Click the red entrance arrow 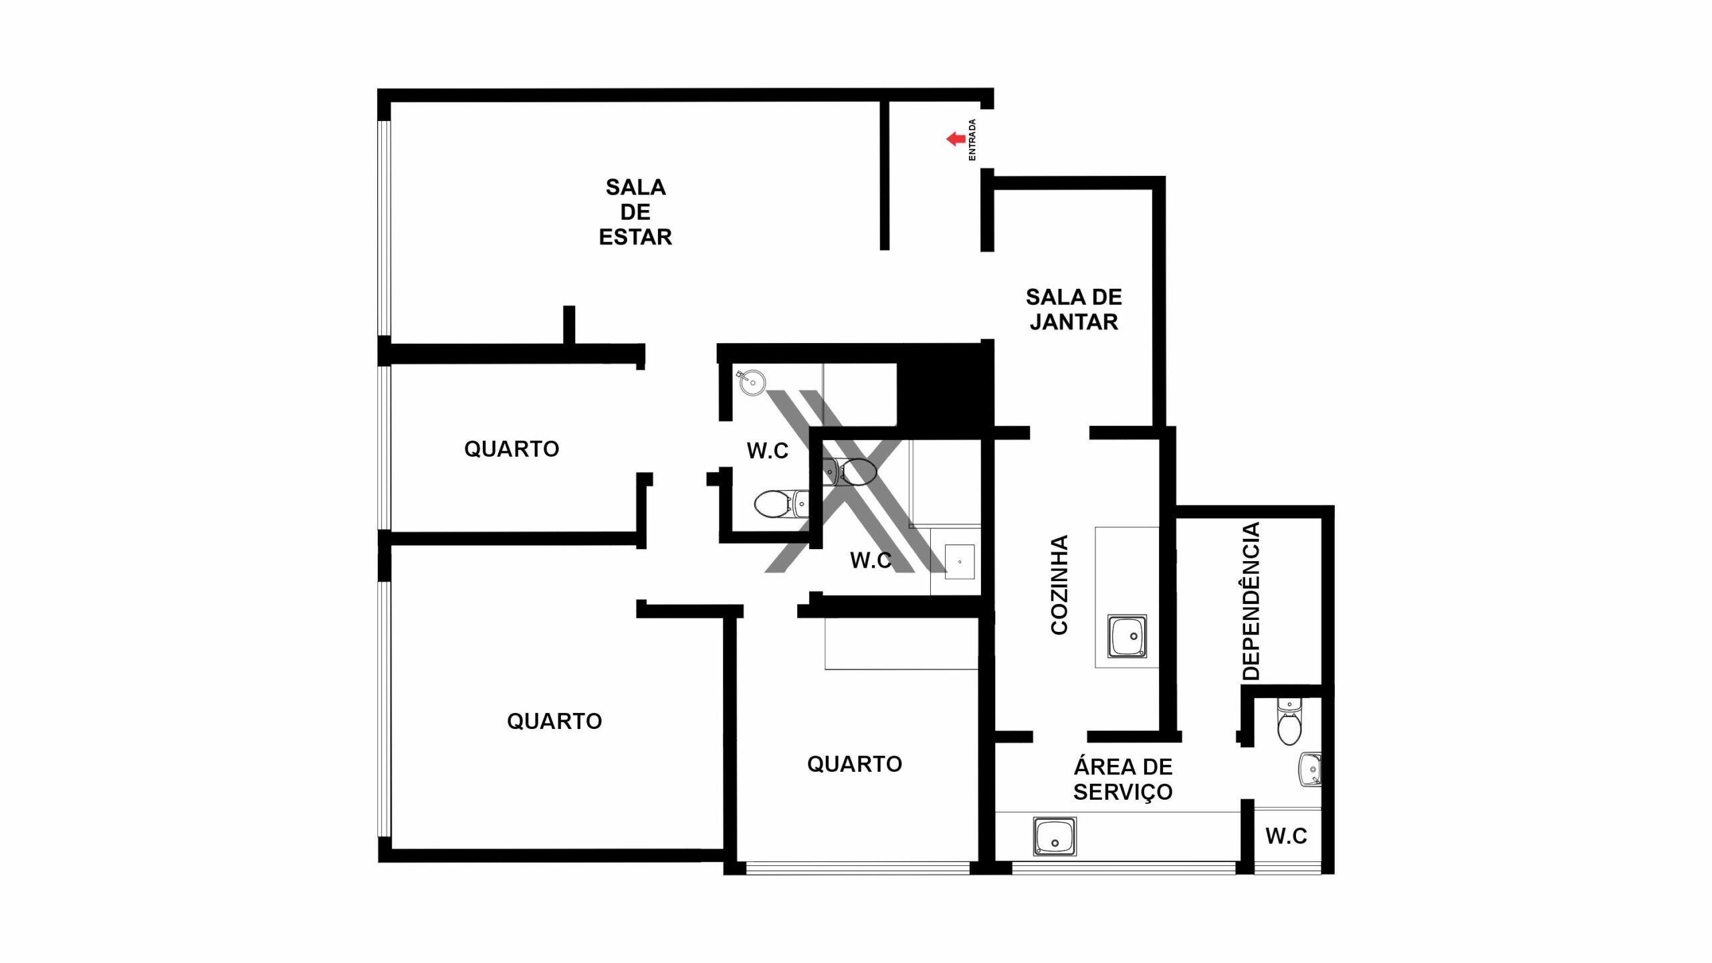955,139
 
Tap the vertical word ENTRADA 972,140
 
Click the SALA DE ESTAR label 635,212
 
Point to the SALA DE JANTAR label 1074,310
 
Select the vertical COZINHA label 1059,584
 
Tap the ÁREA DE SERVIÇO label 1123,779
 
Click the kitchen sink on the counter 1127,636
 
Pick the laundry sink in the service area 1055,836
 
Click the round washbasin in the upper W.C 752,382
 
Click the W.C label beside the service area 1286,836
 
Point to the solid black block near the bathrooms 945,386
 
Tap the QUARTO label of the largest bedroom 554,721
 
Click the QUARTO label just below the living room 512,449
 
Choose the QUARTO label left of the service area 855,764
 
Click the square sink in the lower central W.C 959,562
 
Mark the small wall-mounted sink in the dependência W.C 1310,769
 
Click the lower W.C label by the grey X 871,560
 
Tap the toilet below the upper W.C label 781,504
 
